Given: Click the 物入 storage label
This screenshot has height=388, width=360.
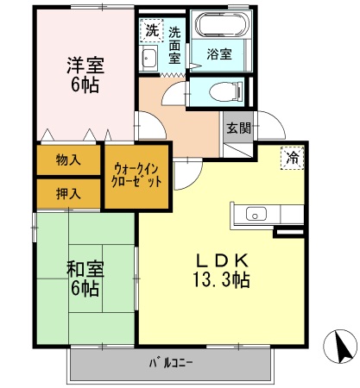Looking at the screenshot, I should click(69, 160).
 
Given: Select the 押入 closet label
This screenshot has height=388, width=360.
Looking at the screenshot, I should click(69, 192).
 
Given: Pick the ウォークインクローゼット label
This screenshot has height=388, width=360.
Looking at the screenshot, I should click(136, 178).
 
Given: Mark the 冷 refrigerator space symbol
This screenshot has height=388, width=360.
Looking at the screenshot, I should click(293, 160).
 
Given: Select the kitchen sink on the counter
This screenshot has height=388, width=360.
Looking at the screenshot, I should click(258, 213).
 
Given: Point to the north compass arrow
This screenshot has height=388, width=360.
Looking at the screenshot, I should click(339, 346).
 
